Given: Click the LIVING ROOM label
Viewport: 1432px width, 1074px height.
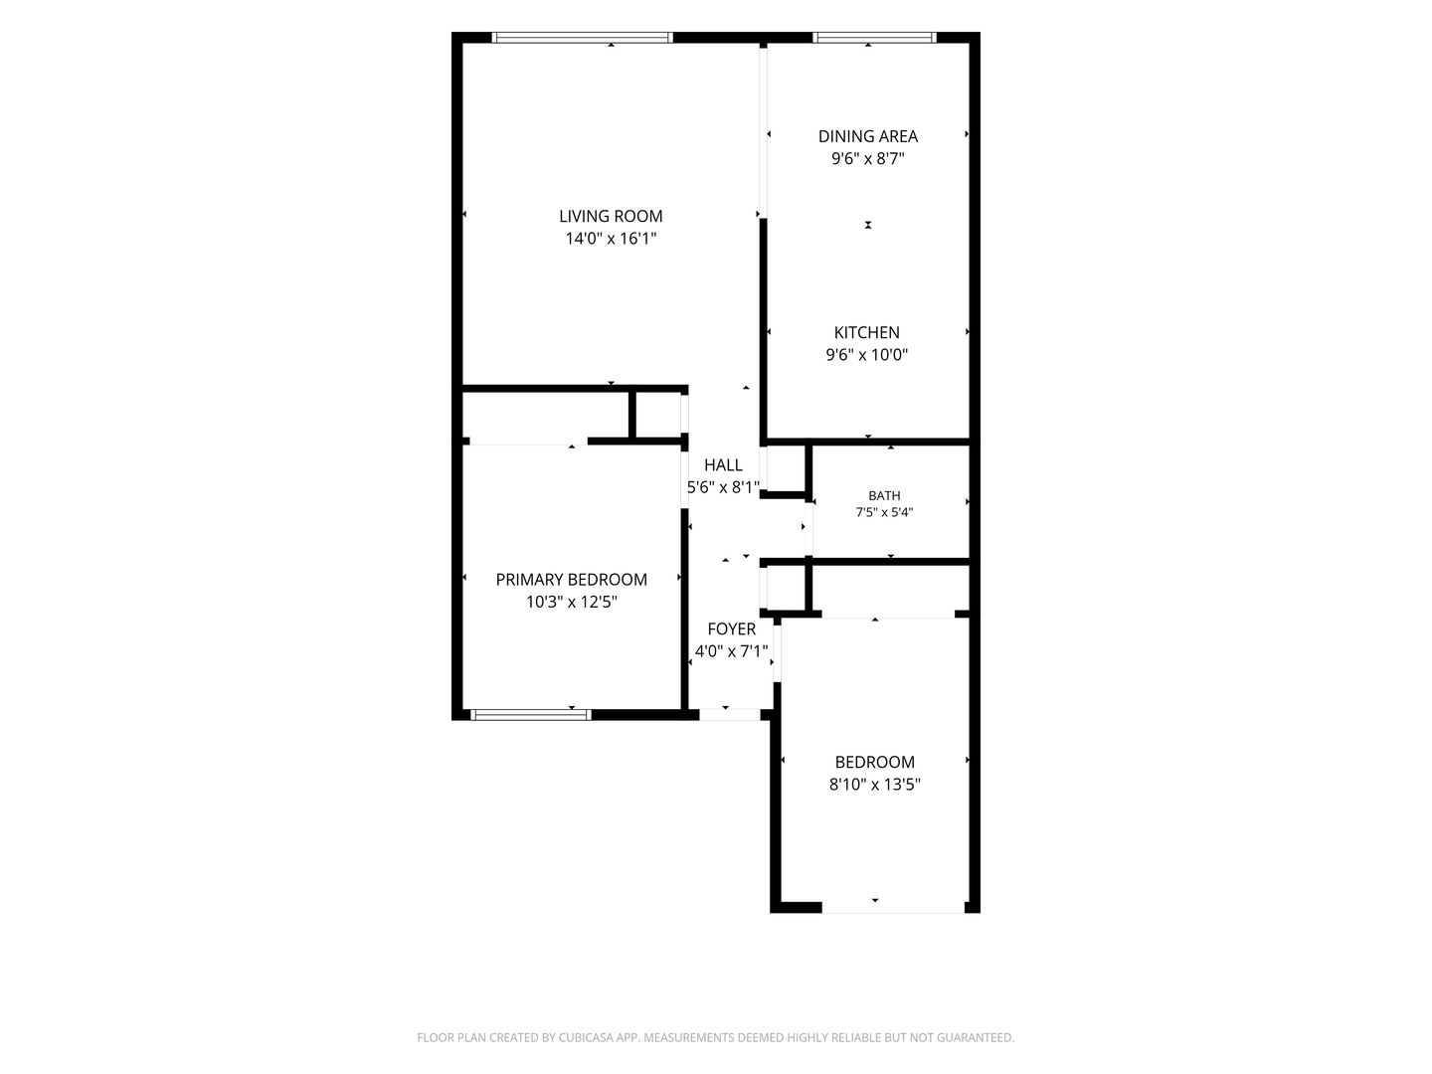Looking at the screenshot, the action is (x=610, y=216).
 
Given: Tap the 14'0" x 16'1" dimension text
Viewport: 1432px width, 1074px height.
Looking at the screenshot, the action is (x=610, y=239).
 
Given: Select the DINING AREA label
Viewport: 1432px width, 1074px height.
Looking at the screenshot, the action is (x=868, y=136).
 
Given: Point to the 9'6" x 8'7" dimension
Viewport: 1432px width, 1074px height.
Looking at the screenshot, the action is (x=868, y=158).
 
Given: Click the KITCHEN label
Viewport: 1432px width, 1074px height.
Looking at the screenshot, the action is (x=866, y=332).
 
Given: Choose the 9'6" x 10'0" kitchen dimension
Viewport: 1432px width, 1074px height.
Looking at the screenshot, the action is (x=866, y=355).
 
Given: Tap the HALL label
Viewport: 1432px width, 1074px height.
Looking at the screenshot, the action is (x=723, y=465).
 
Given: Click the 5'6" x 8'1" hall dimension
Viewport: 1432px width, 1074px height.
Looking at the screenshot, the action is (x=723, y=487).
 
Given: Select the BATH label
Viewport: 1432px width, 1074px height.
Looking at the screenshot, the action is (x=884, y=495).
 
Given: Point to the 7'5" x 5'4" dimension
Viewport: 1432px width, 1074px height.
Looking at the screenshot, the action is (x=884, y=512).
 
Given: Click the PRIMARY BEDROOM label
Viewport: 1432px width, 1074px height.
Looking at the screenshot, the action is (x=571, y=580).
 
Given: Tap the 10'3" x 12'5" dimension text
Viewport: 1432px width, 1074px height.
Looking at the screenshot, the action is (x=571, y=602).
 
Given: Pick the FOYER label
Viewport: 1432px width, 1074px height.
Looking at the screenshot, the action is (x=731, y=629).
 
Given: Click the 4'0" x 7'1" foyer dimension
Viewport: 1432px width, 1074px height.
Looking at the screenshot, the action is (x=731, y=651).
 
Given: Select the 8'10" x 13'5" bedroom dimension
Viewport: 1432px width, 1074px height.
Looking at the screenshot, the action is (x=874, y=785).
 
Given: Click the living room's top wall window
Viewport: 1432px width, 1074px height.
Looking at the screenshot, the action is (x=582, y=38).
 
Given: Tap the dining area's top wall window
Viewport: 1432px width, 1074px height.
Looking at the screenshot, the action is (x=874, y=38).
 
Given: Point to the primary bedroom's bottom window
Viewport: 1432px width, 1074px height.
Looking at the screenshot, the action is (x=531, y=715).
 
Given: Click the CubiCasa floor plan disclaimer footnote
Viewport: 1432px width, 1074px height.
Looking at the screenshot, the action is (x=716, y=1037).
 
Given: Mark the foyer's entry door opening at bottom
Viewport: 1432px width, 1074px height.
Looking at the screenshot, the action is (x=729, y=715).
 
